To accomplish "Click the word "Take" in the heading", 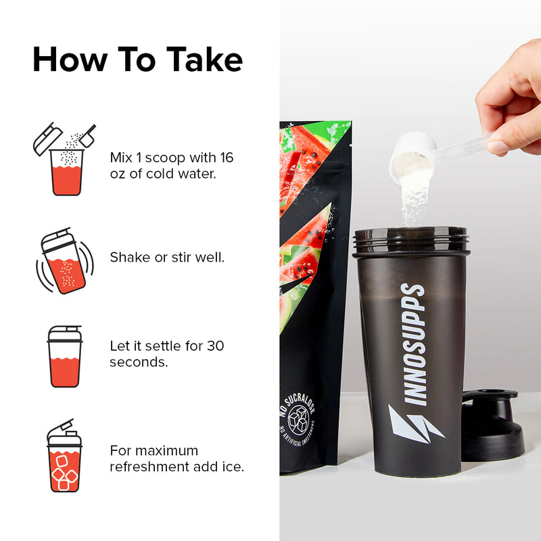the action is point(205,60).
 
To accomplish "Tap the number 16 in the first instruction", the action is point(227,158).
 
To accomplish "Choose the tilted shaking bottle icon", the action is point(65,261).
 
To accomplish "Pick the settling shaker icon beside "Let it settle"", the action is point(64,356).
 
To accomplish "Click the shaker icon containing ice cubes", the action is point(64,455).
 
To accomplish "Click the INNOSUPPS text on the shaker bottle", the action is point(413,344).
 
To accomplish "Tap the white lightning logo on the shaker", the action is point(415,425).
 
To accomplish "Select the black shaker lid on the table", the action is point(492,425).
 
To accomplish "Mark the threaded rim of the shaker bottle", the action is point(410,239).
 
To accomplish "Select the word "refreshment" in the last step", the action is point(149,467).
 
